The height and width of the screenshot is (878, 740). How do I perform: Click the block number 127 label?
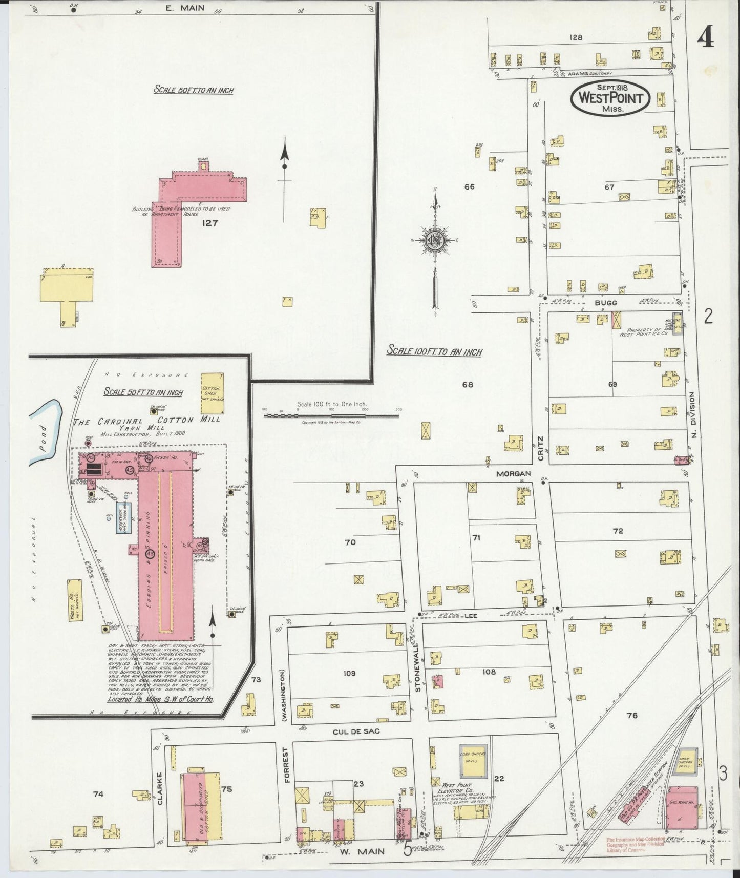210,223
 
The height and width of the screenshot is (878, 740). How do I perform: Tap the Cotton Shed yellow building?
211,393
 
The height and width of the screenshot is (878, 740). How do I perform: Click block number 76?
632,715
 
